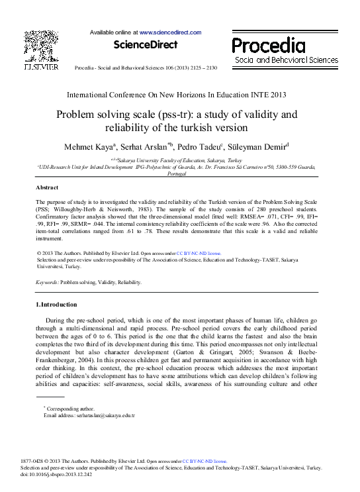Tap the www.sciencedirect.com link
(x=170, y=32)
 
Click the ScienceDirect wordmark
(x=146, y=45)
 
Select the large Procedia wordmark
(x=268, y=46)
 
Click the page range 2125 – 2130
(x=202, y=68)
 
